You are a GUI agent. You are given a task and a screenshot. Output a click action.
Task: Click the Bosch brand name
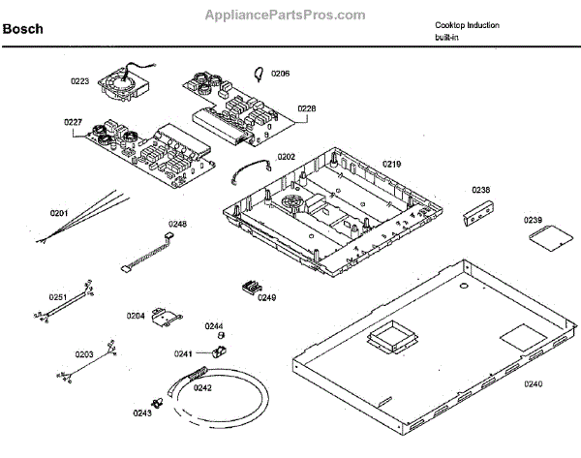(x=23, y=30)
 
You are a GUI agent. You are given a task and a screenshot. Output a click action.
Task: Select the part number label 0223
(x=78, y=82)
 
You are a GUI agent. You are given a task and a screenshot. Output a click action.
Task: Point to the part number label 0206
(x=280, y=74)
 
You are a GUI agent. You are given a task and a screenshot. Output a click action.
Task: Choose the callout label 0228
(x=306, y=109)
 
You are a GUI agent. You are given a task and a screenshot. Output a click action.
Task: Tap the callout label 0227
(x=73, y=123)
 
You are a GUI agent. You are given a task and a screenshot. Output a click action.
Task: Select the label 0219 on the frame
(x=390, y=165)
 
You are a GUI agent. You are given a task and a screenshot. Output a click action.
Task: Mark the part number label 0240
(x=534, y=384)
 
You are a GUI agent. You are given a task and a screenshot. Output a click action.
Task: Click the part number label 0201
(x=59, y=213)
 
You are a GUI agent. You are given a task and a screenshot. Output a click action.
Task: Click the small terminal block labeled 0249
(x=252, y=287)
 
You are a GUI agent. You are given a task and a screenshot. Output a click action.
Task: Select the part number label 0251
(x=58, y=297)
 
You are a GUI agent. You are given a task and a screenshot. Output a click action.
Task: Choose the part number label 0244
(x=214, y=326)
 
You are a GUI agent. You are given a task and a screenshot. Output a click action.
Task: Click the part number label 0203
(x=84, y=355)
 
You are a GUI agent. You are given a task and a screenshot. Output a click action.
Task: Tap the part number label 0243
(x=142, y=413)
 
